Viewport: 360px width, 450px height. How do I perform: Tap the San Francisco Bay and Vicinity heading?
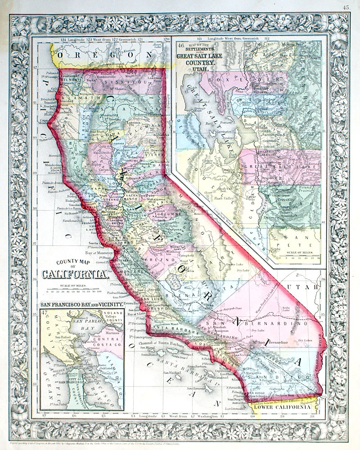[81, 305]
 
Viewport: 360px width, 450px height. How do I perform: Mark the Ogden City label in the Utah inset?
[274, 108]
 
